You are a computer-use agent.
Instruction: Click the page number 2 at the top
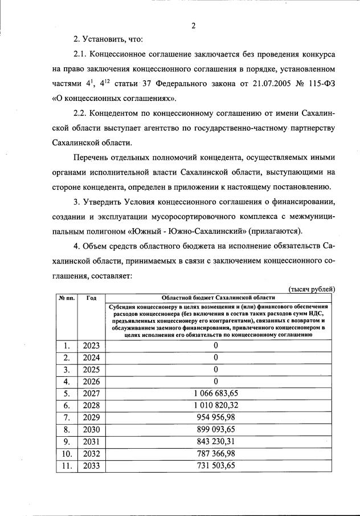point(194,25)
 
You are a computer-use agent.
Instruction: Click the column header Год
point(91,298)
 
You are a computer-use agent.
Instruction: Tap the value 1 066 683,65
point(216,393)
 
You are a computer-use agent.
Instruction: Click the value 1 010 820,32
point(216,405)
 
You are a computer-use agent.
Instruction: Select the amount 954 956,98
point(216,417)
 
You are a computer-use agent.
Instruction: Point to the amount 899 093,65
point(216,429)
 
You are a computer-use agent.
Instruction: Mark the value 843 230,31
point(216,441)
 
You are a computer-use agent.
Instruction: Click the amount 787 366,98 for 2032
point(216,453)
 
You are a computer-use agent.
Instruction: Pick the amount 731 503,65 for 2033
point(216,465)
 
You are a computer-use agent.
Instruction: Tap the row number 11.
point(67,465)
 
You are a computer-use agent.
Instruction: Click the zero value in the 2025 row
point(216,369)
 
